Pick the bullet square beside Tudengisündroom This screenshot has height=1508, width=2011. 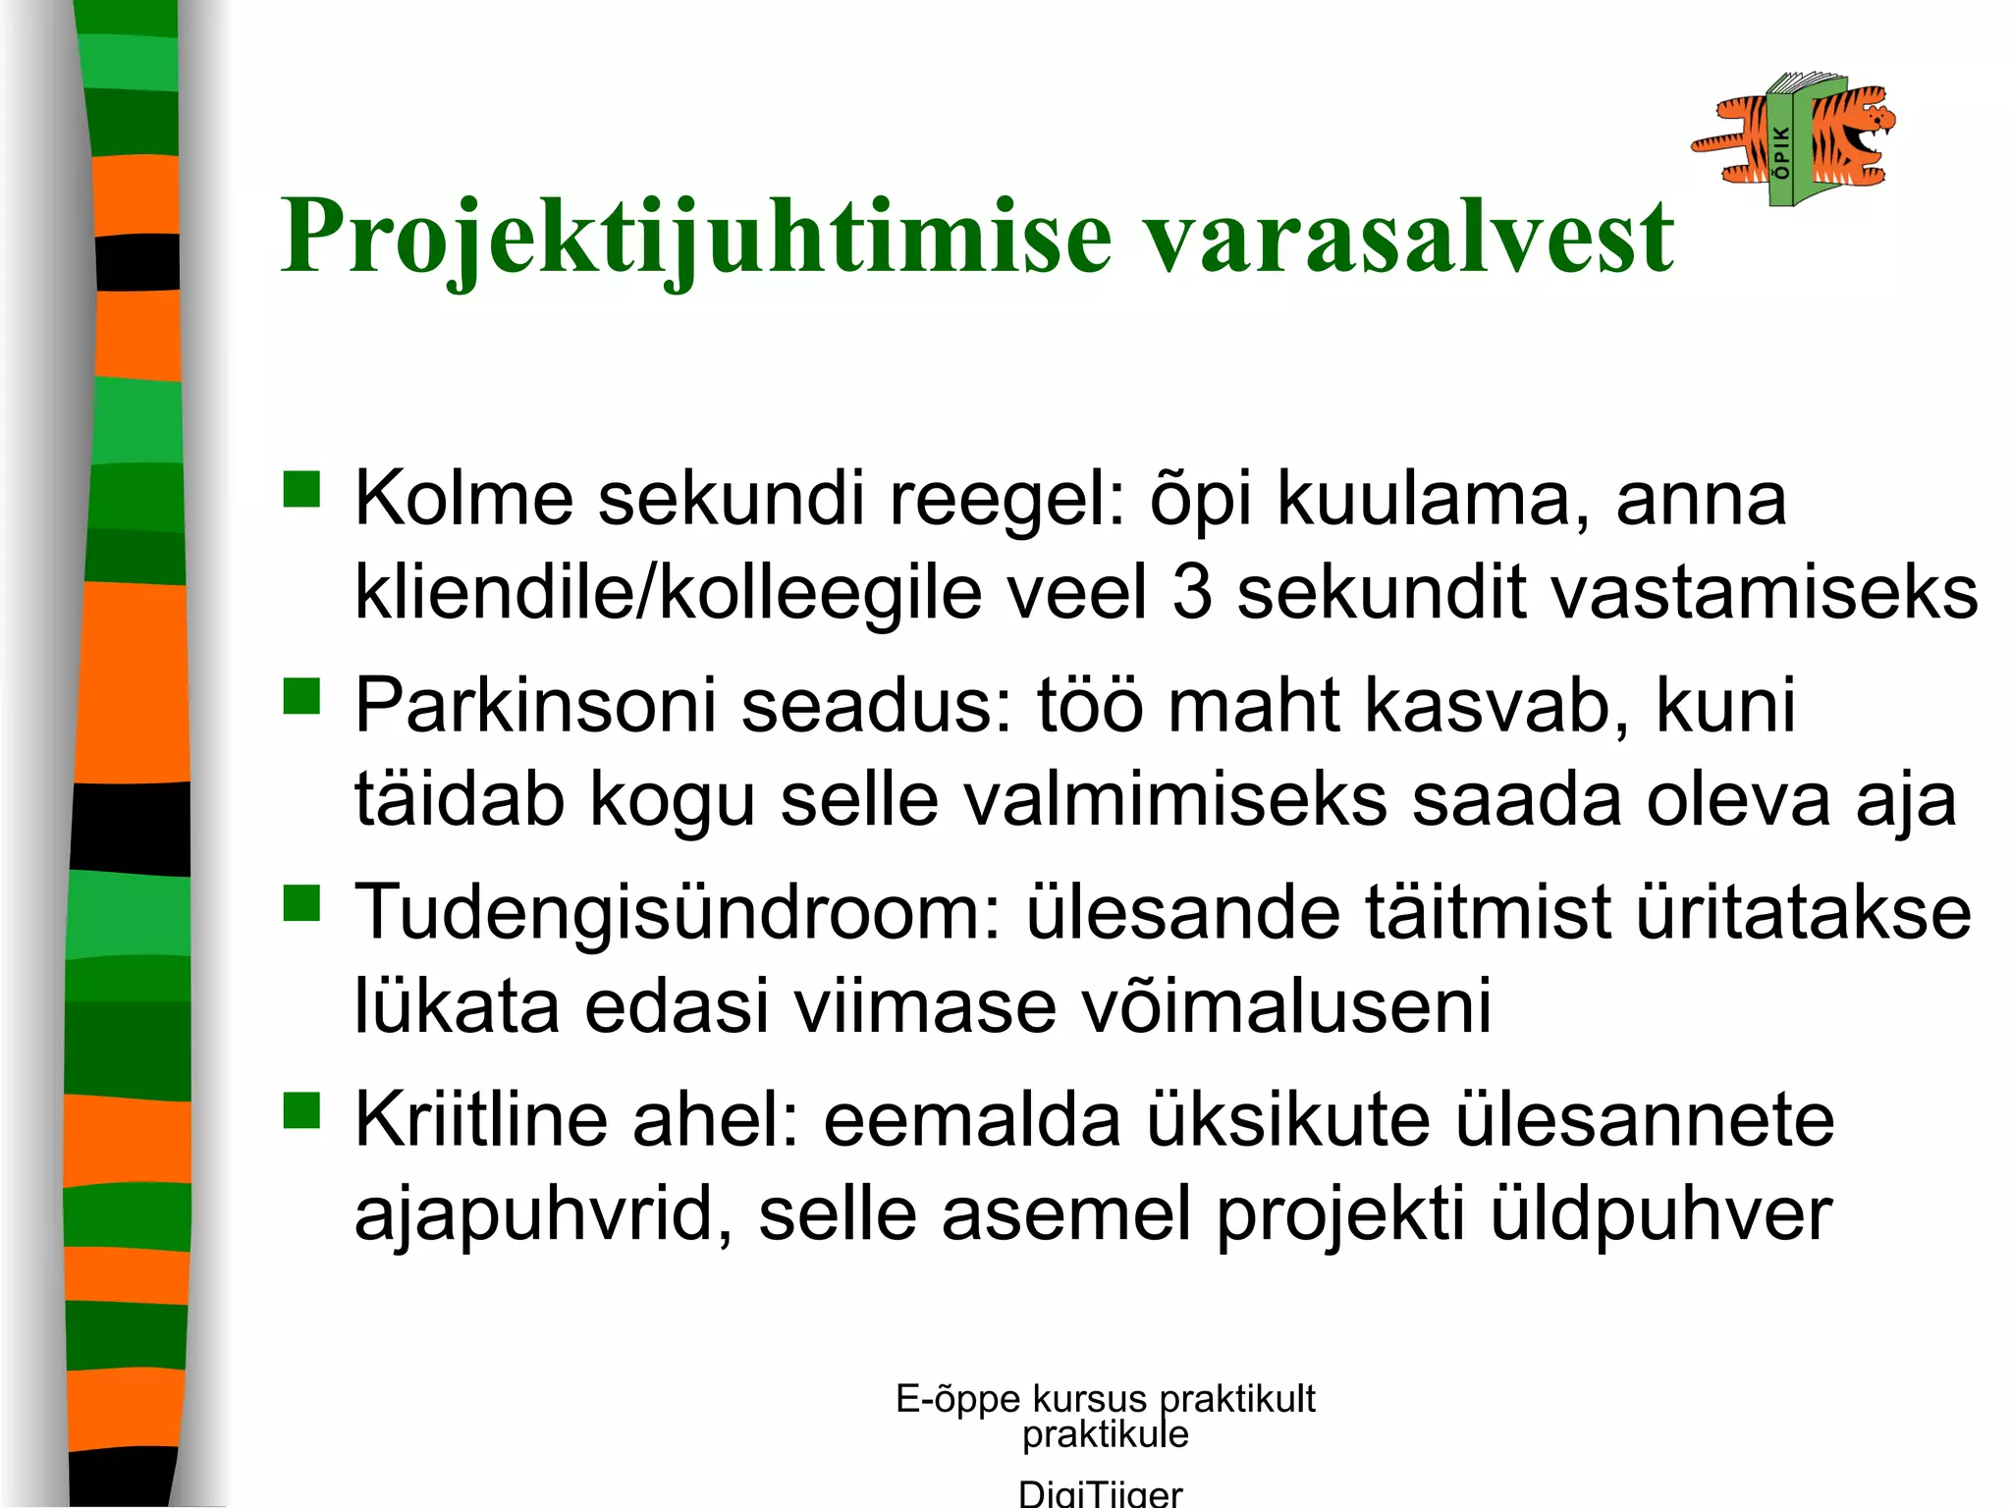click(x=301, y=902)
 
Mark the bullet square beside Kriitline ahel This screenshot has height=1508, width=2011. click(x=301, y=1110)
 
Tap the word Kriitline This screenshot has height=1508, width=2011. click(x=481, y=1120)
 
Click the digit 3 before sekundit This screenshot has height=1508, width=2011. click(x=1192, y=593)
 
